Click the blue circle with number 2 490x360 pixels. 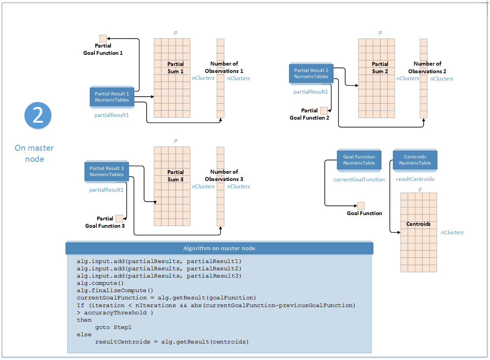pyautogui.click(x=38, y=115)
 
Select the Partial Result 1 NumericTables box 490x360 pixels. pyautogui.click(x=112, y=97)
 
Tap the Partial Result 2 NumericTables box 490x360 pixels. pyautogui.click(x=311, y=73)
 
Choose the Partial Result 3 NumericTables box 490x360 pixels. pyautogui.click(x=107, y=171)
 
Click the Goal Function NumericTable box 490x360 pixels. pyautogui.click(x=359, y=160)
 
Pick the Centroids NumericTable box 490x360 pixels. pyautogui.click(x=415, y=160)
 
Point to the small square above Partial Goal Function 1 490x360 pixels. pyautogui.click(x=103, y=38)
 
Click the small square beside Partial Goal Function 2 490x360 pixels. pyautogui.click(x=324, y=110)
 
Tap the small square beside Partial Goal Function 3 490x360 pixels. pyautogui.click(x=119, y=219)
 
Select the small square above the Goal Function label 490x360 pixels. pyautogui.click(x=361, y=205)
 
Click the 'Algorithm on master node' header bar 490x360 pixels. pyautogui.click(x=219, y=248)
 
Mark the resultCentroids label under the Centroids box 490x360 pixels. pyautogui.click(x=415, y=179)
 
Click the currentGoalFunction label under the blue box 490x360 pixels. pyautogui.click(x=359, y=179)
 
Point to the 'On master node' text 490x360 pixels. pyautogui.click(x=34, y=153)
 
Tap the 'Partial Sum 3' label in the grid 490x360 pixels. pyautogui.click(x=176, y=176)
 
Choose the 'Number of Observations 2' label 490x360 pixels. pyautogui.click(x=427, y=67)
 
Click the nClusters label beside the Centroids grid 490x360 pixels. pyautogui.click(x=452, y=232)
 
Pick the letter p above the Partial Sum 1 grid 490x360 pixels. pyautogui.click(x=176, y=33)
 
